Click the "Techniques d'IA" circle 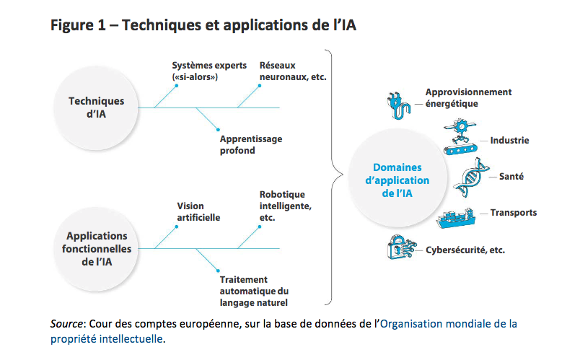point(96,107)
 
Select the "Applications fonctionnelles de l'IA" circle point(96,249)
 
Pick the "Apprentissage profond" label point(250,144)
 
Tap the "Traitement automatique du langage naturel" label point(254,290)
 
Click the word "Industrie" point(509,141)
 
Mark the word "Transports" point(514,213)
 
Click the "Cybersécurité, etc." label point(465,250)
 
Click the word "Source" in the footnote point(67,324)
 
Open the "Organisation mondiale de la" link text point(449,324)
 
